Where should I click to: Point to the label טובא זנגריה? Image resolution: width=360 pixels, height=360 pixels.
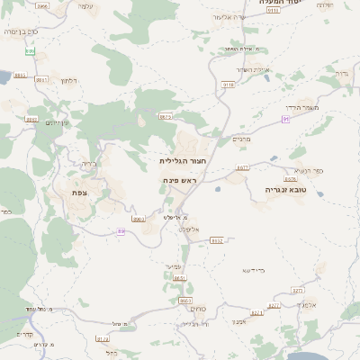click(x=287, y=191)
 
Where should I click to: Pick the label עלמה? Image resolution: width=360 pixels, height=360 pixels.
click(x=85, y=6)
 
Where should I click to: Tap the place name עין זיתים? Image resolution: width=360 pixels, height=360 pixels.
click(x=58, y=122)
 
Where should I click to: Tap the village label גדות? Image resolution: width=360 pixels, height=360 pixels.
click(x=341, y=73)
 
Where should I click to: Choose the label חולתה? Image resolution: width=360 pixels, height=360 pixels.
click(x=326, y=5)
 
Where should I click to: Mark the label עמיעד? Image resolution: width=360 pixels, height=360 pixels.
click(x=175, y=266)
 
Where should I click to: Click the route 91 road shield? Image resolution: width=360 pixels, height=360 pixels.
click(x=285, y=119)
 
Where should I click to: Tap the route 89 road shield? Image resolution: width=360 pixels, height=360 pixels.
click(x=121, y=231)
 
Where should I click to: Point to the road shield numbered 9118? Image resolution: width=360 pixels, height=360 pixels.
click(x=228, y=84)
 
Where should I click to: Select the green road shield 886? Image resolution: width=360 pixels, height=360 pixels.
click(x=31, y=51)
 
